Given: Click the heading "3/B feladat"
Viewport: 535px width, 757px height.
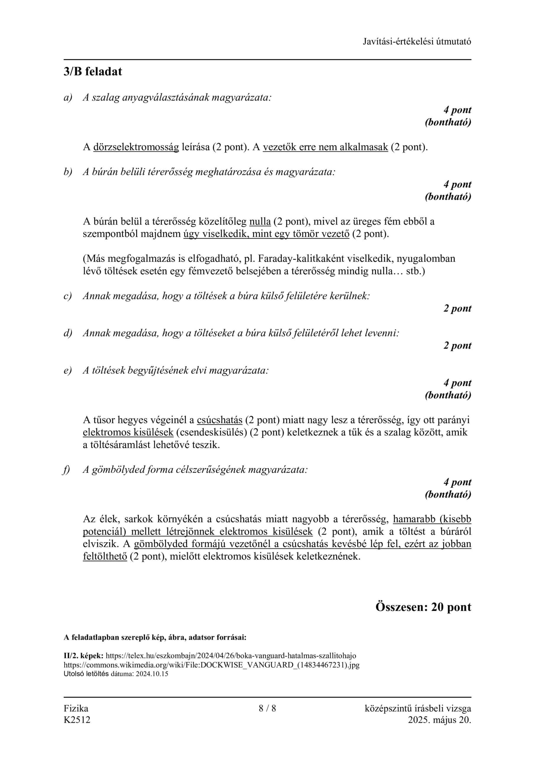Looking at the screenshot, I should tap(93, 72).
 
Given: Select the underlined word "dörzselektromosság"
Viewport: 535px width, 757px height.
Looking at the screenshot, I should tap(136, 147).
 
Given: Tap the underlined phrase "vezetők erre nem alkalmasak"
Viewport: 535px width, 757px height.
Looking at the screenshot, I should tap(325, 147).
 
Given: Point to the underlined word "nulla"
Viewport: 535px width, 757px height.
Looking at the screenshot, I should tap(260, 221).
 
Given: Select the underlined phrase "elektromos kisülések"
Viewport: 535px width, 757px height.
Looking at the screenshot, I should tap(128, 433).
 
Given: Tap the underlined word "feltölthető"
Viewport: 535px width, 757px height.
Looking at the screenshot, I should tap(105, 557).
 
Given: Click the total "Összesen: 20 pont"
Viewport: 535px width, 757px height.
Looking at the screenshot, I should tap(423, 607).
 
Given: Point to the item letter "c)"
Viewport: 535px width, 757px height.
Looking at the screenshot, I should tap(68, 296).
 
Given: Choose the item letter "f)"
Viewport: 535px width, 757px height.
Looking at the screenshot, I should tap(67, 470).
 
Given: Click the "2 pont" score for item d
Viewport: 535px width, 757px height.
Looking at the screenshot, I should tap(457, 346).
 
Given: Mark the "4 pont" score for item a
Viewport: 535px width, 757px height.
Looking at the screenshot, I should tap(457, 110).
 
